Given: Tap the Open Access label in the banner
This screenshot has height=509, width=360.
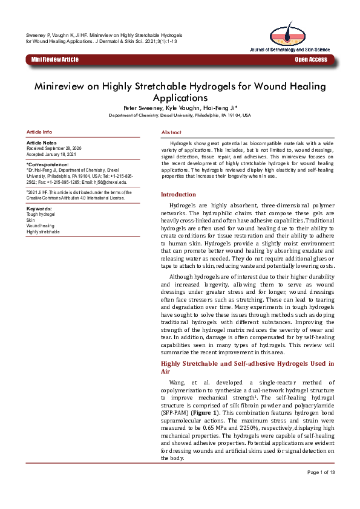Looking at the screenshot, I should pos(311,59).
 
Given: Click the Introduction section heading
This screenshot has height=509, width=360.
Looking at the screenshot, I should pos(178,194).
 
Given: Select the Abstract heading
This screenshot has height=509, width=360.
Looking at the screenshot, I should pos(171,132).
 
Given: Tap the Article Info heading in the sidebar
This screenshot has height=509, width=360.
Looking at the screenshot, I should pos(39,132).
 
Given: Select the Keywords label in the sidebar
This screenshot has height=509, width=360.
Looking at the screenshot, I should pos(39,209).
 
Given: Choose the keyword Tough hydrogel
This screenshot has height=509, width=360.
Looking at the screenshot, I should pos(41,215).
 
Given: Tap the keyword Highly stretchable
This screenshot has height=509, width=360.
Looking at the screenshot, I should pos(43,232).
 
